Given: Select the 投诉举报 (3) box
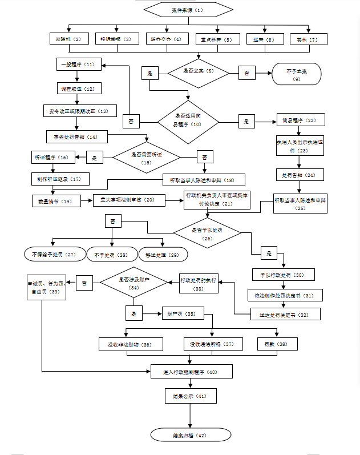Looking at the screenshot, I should (x=116, y=39).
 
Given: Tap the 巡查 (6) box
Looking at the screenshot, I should (x=264, y=39).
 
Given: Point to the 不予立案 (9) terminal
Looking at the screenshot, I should (x=296, y=74).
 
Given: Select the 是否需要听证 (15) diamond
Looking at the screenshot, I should (x=146, y=158).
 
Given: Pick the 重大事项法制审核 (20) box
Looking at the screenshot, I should (x=129, y=200).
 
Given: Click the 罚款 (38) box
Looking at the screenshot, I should (x=272, y=344).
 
